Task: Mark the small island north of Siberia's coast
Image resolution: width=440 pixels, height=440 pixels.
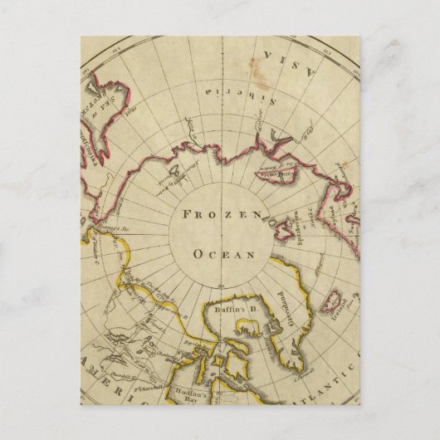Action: (x=174, y=176)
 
